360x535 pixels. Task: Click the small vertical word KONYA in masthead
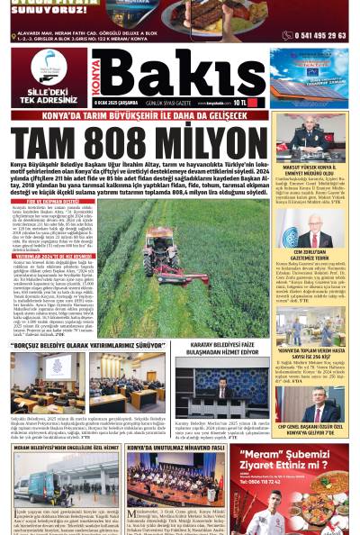[x=96, y=76]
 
